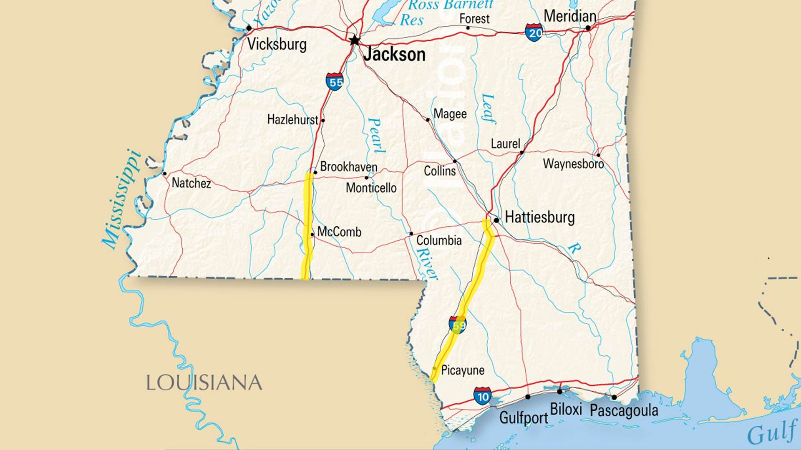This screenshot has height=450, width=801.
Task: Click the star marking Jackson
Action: pyautogui.click(x=355, y=40)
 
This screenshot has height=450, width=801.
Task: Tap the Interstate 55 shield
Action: pyautogui.click(x=335, y=81)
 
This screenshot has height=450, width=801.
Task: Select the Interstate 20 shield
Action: pyautogui.click(x=534, y=32)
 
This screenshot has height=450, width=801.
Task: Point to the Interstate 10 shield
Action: pyautogui.click(x=482, y=396)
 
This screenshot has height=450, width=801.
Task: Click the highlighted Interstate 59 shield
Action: pyautogui.click(x=458, y=325)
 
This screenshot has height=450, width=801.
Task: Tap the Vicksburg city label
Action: pyautogui.click(x=277, y=44)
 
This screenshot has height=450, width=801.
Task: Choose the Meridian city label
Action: pyautogui.click(x=570, y=16)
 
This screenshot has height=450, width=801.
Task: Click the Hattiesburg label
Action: pyautogui.click(x=539, y=217)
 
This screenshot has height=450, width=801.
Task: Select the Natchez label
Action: pyautogui.click(x=191, y=183)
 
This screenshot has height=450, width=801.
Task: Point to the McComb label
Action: pyautogui.click(x=339, y=232)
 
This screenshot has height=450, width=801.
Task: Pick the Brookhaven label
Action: pyautogui.click(x=349, y=167)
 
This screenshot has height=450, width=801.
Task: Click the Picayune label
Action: pyautogui.click(x=463, y=370)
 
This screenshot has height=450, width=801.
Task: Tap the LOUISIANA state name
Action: pyautogui.click(x=204, y=383)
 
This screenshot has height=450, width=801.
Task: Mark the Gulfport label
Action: pyautogui.click(x=524, y=417)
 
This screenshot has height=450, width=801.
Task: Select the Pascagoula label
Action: pyautogui.click(x=624, y=410)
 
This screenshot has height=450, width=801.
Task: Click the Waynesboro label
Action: pyautogui.click(x=573, y=164)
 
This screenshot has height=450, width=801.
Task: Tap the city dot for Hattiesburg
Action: pyautogui.click(x=496, y=220)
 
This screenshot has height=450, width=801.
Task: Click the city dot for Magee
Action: pyautogui.click(x=428, y=120)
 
